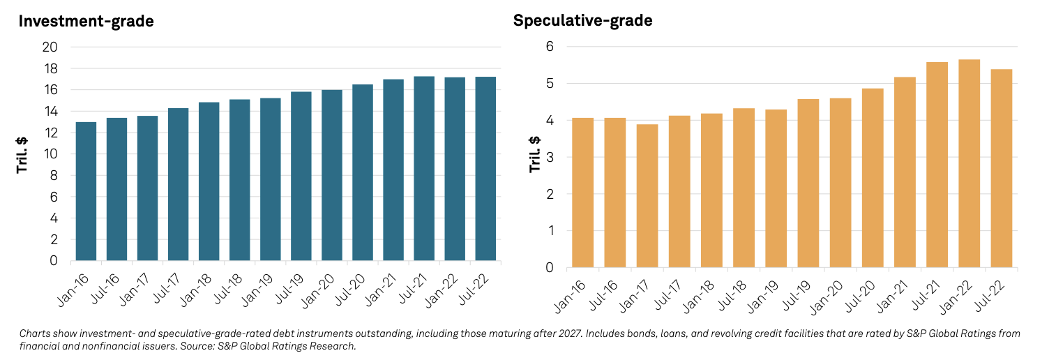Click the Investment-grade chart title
(86, 21)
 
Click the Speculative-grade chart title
(582, 20)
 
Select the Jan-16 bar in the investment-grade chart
(86, 192)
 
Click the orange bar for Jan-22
(969, 164)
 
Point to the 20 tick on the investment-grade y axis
(58, 47)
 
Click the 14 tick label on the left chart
(58, 112)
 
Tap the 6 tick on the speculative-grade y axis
(550, 47)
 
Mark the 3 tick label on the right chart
(550, 157)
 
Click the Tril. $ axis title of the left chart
(22, 154)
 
